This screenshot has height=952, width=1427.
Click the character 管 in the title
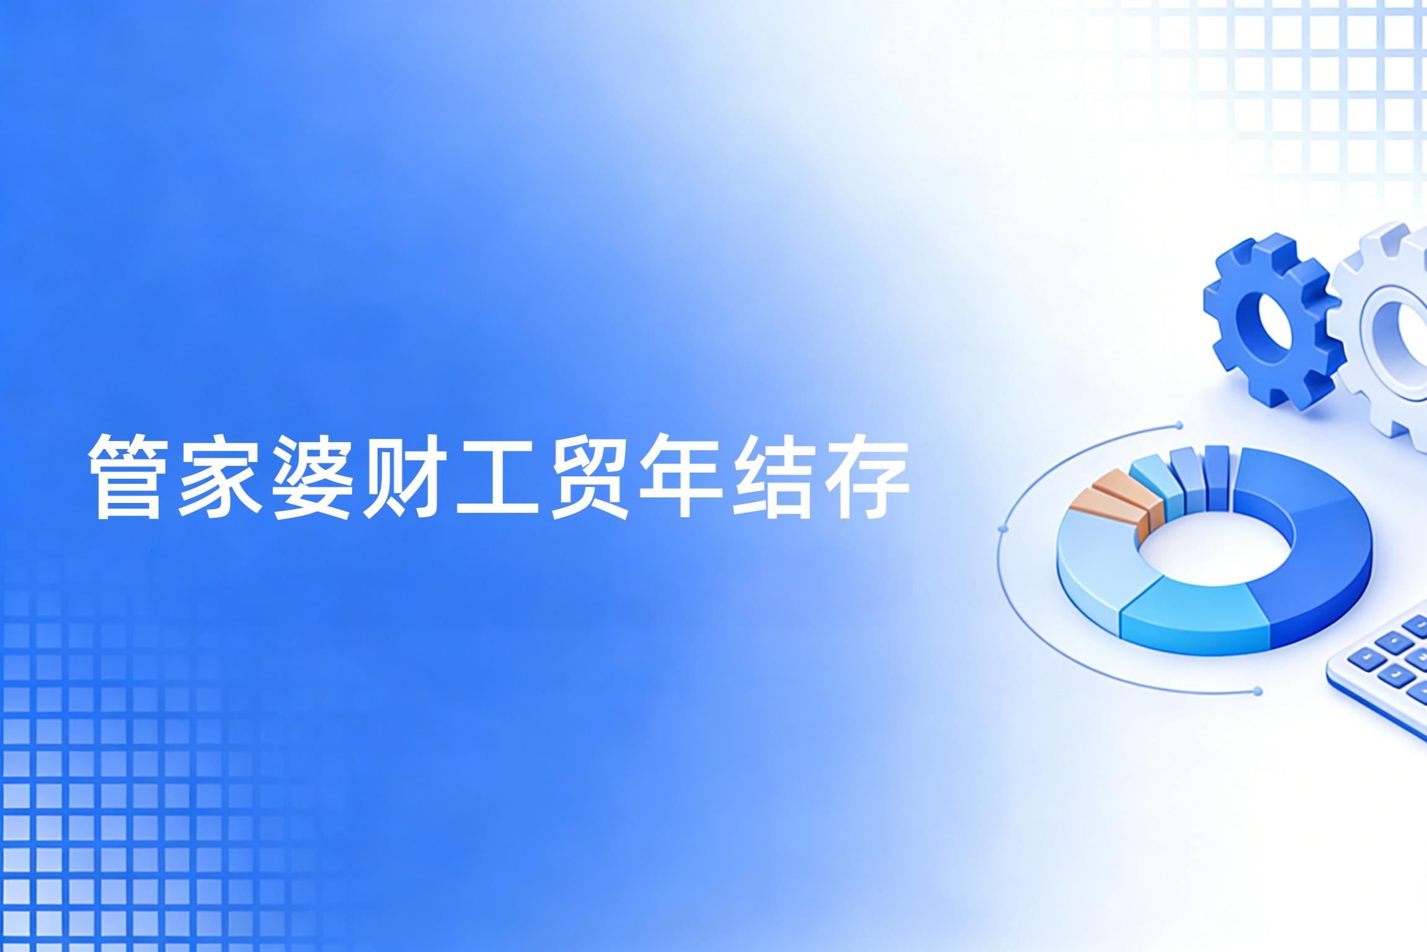(128, 476)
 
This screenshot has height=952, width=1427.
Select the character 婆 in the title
(313, 476)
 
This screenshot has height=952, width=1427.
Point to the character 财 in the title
(404, 476)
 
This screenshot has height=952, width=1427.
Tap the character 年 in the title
(680, 476)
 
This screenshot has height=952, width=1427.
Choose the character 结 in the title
(772, 476)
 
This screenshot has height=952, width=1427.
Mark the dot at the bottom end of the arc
(1257, 691)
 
